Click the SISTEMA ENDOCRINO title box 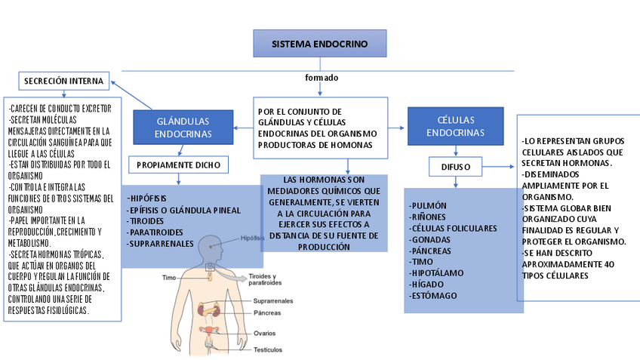(x=319, y=45)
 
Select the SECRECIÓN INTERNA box (x=63, y=81)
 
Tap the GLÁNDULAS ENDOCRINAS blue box (x=182, y=127)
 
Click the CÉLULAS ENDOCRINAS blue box (x=455, y=126)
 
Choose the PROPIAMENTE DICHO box (x=178, y=165)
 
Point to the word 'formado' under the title (x=322, y=78)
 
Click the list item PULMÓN (x=428, y=205)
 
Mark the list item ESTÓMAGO (x=433, y=295)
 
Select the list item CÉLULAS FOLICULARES (x=453, y=228)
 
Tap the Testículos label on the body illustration (x=269, y=349)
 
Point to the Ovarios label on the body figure (x=265, y=332)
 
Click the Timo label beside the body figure (x=169, y=278)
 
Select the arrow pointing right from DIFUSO (x=497, y=166)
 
